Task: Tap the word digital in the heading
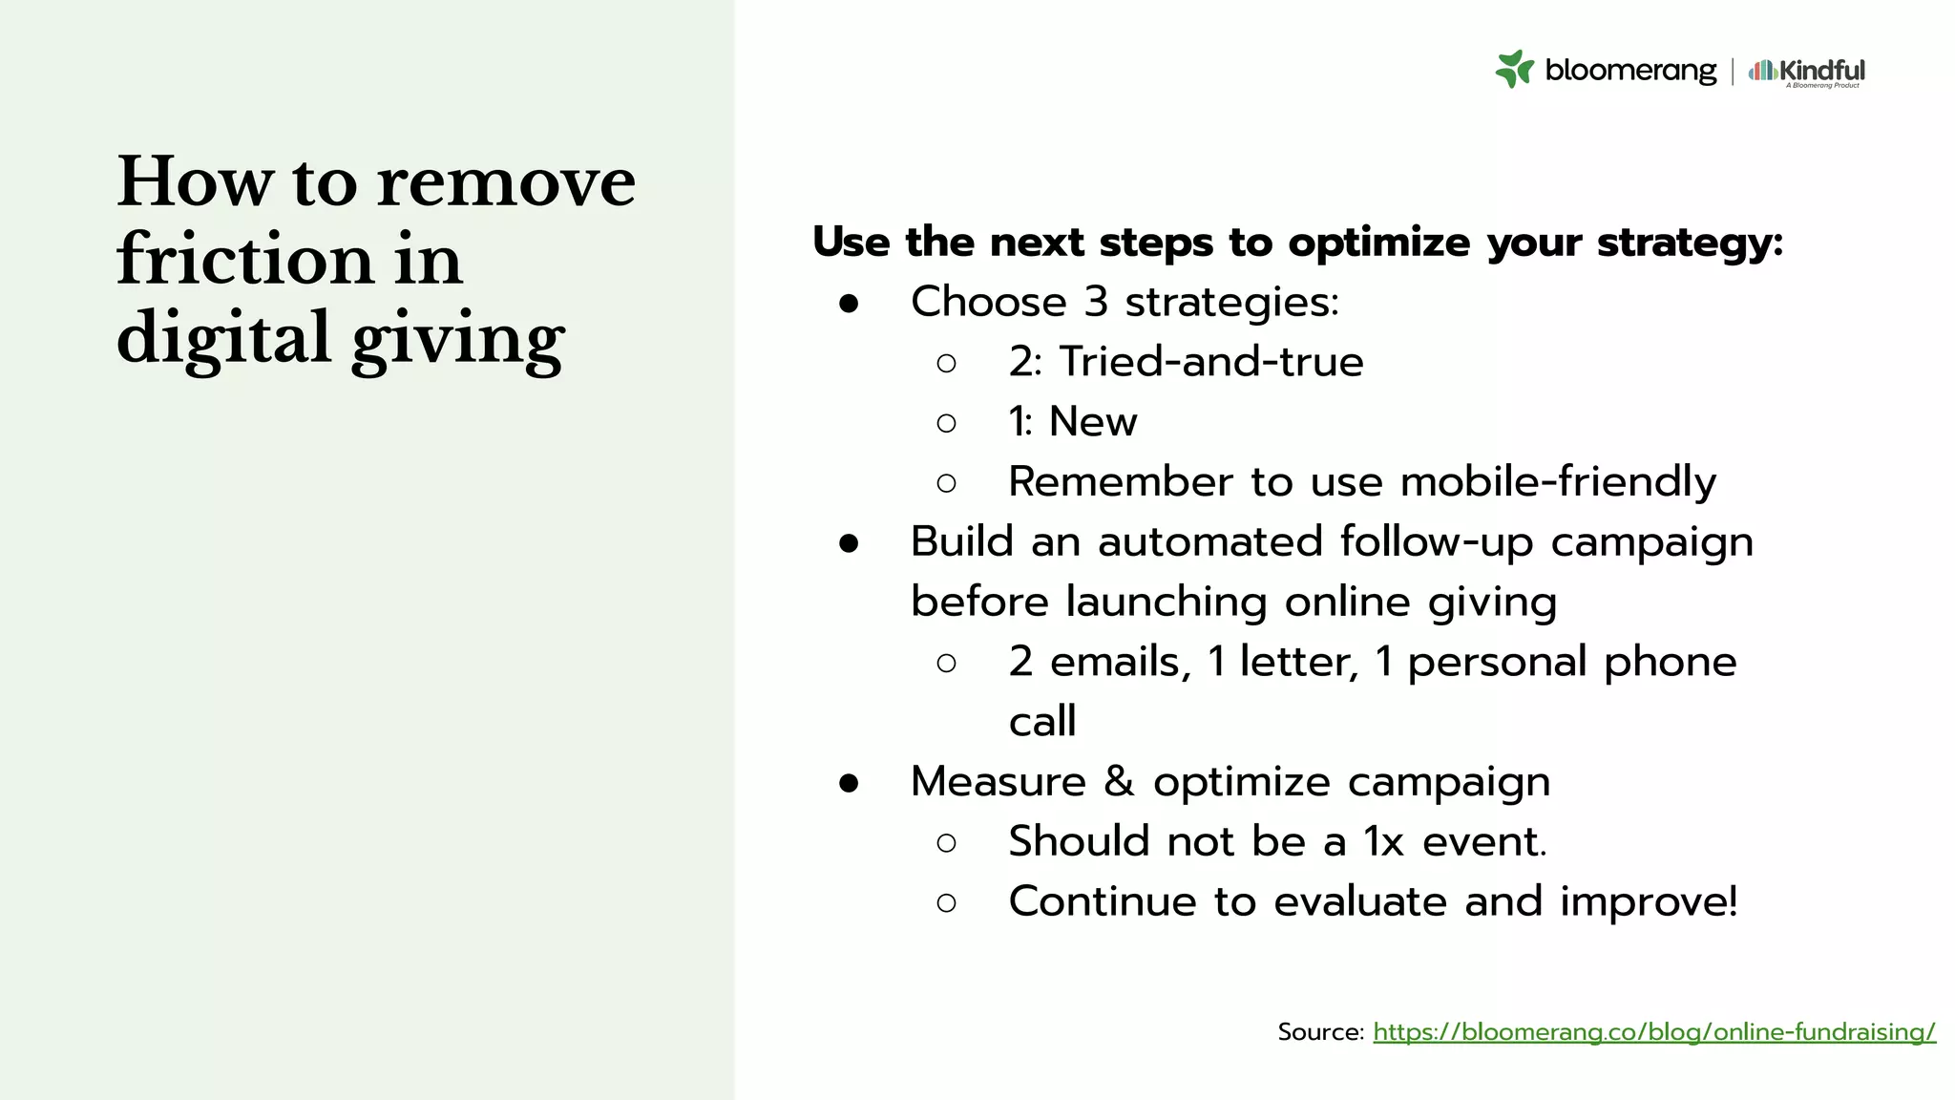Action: (222, 338)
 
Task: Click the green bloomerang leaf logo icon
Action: (1514, 69)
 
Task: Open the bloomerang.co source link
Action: (1653, 1032)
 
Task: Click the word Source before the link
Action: (1319, 1032)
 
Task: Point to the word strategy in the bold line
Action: (1689, 243)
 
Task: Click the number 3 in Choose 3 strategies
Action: (1095, 303)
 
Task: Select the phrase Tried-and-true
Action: (1211, 362)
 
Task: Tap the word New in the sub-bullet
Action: (1093, 422)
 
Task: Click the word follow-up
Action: (1436, 542)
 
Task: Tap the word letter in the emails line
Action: (1298, 662)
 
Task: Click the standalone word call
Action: (1042, 722)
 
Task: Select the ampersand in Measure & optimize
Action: (1119, 782)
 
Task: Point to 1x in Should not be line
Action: (1383, 842)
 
